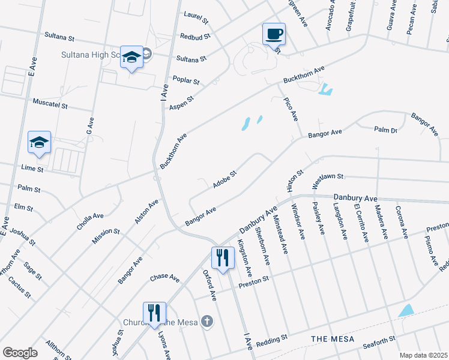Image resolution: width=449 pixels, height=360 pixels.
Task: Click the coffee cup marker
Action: point(274,34)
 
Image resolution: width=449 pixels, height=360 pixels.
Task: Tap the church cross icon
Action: point(206,321)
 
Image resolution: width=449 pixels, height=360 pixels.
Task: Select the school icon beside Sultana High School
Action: point(131,58)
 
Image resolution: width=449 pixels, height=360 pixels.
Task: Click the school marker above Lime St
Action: point(39,143)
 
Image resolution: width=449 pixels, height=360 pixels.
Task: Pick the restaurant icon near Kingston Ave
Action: point(223,257)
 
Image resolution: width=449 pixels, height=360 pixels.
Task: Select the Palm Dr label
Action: point(385,130)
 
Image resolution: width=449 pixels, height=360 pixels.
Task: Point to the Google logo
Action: point(20,353)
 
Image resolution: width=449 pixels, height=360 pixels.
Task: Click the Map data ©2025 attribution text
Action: point(424,355)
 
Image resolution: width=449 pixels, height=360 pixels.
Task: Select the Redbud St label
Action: point(195,37)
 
